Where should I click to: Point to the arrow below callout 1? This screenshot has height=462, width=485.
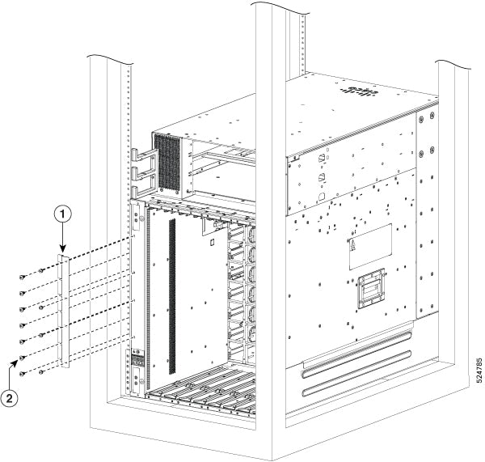[x=64, y=243]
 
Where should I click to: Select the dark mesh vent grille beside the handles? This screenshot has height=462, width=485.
[x=168, y=159]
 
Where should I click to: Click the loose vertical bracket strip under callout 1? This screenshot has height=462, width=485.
[x=65, y=312]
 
